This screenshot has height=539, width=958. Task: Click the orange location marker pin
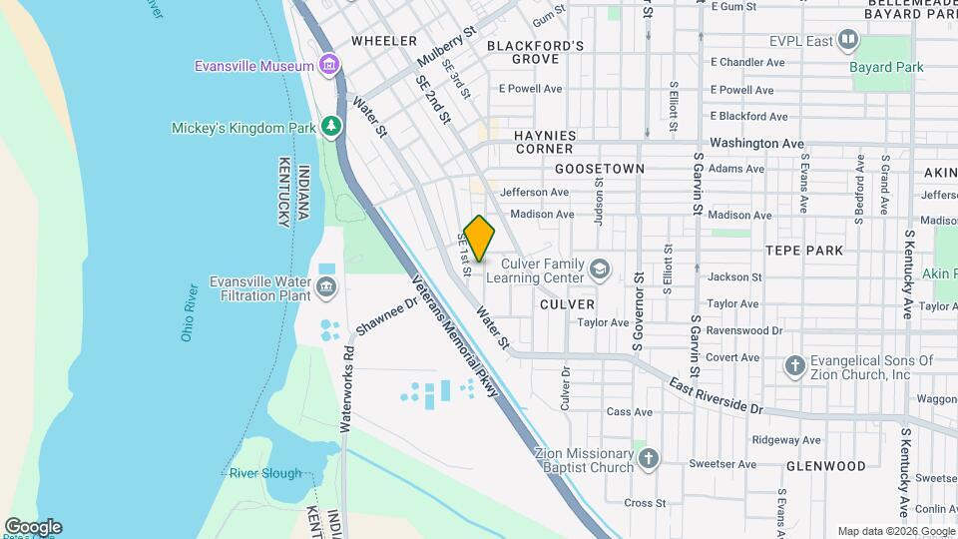coord(479,239)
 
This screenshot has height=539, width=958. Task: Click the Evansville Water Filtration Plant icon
coord(326,288)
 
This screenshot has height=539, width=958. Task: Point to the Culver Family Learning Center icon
coord(599,269)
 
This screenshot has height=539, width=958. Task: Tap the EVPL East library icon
coord(848,40)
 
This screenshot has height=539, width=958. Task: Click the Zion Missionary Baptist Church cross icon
coord(649,459)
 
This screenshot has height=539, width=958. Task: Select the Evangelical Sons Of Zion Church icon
coord(794,366)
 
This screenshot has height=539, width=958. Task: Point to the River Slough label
coord(264,473)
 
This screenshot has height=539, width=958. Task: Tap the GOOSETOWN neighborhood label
coord(599,169)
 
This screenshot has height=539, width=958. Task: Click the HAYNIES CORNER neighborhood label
coord(559,142)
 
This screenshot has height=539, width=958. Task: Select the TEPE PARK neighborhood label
coord(804,251)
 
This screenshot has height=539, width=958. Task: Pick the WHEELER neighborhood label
coord(383,41)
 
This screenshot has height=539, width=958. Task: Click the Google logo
coord(33,527)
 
